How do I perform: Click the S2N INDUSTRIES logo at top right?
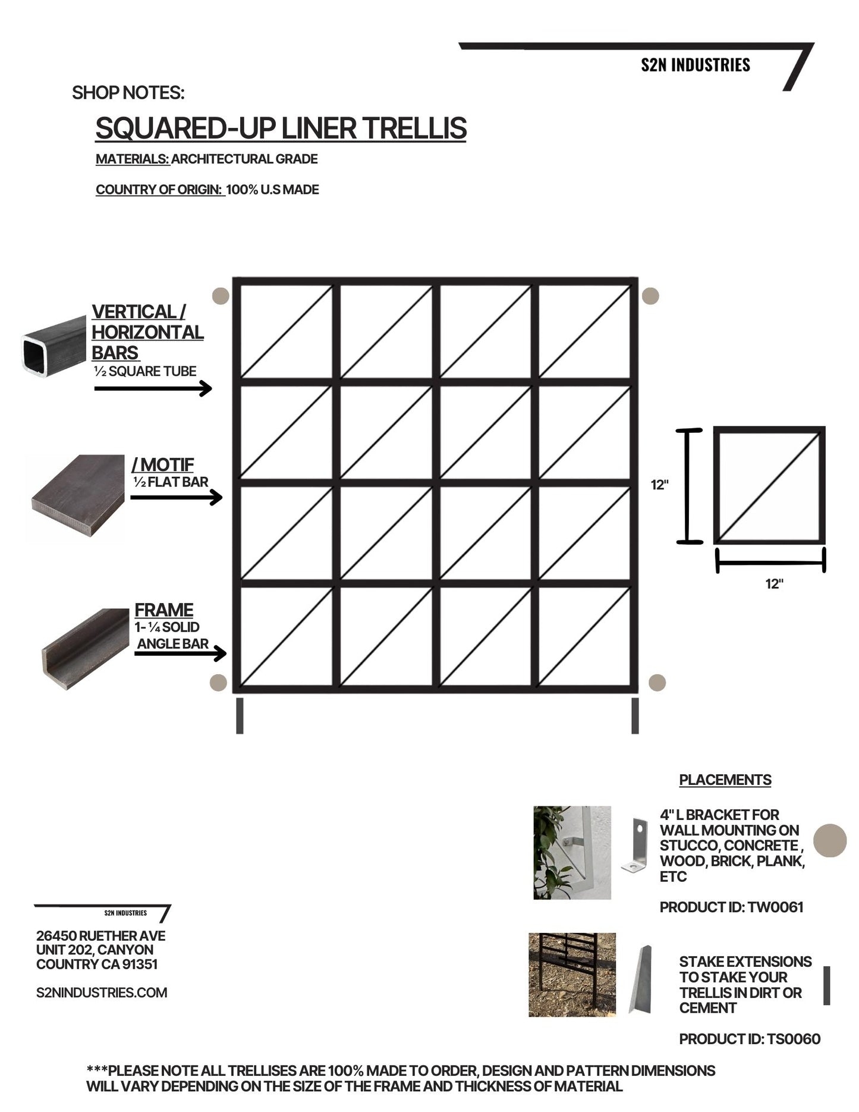695,65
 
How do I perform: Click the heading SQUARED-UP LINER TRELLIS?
281,128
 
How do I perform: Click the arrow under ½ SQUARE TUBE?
153,389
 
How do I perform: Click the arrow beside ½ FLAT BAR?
176,497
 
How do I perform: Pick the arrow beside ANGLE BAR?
180,654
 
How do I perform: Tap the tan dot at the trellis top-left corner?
221,296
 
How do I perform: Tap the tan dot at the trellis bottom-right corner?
656,683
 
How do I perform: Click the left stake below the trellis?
240,715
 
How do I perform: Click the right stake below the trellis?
635,715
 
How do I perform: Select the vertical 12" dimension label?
659,485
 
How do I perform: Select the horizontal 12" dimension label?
773,584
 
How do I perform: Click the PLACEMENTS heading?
725,780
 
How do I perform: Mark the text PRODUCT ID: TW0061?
731,907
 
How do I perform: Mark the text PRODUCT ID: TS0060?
749,1039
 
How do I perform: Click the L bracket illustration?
635,845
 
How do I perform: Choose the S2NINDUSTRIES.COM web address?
102,992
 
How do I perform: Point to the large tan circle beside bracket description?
829,840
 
